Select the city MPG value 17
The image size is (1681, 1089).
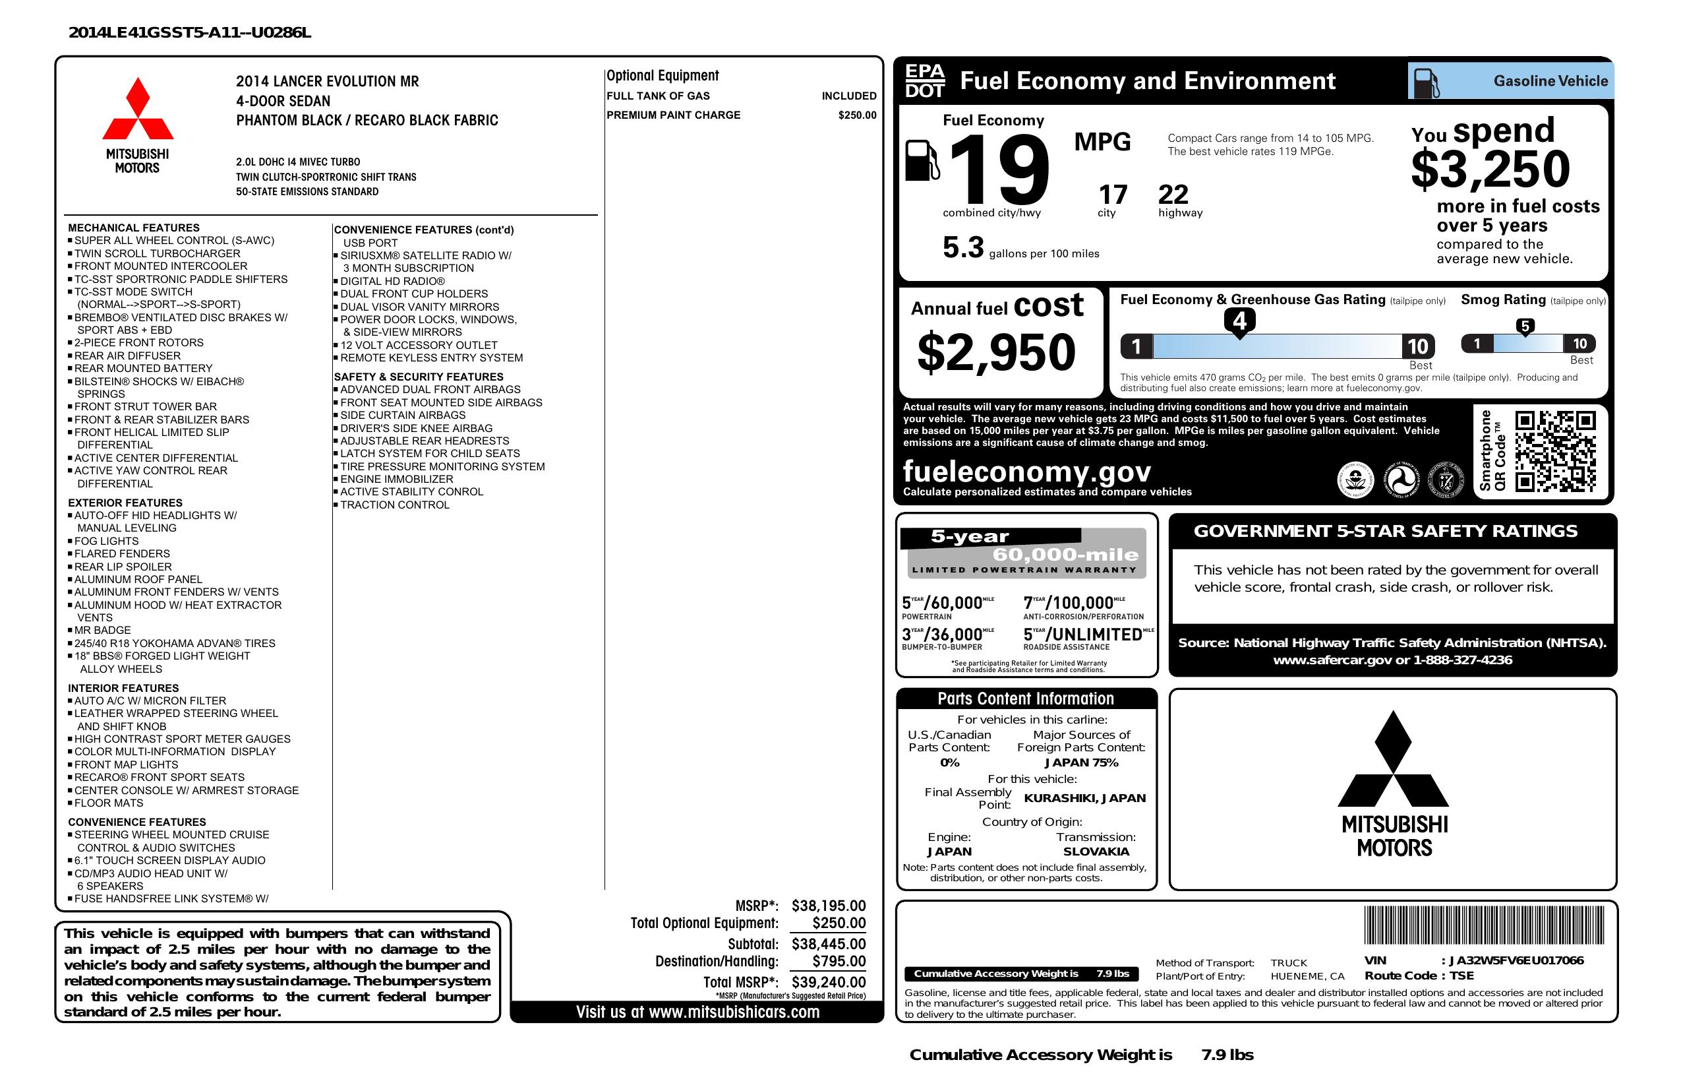[x=1113, y=195]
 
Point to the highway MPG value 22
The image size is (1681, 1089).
[x=1173, y=195]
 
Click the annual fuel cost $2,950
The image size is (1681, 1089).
[x=996, y=353]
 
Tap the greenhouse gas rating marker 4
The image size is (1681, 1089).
[x=1239, y=321]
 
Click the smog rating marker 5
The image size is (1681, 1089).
[x=1525, y=326]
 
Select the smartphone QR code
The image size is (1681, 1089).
[x=1555, y=451]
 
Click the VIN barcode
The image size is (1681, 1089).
[x=1484, y=926]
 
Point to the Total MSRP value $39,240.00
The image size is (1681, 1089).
[x=829, y=981]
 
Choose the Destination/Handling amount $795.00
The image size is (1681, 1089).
[x=839, y=961]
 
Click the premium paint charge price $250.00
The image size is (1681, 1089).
[x=857, y=115]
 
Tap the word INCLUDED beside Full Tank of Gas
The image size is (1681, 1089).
[x=848, y=96]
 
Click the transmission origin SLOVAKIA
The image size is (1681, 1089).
[x=1096, y=852]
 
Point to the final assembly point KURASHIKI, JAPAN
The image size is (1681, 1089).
[x=1084, y=798]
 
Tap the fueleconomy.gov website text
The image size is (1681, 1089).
[x=1027, y=472]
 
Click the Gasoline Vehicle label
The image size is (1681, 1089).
[x=1550, y=81]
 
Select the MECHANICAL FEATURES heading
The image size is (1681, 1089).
[x=133, y=228]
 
